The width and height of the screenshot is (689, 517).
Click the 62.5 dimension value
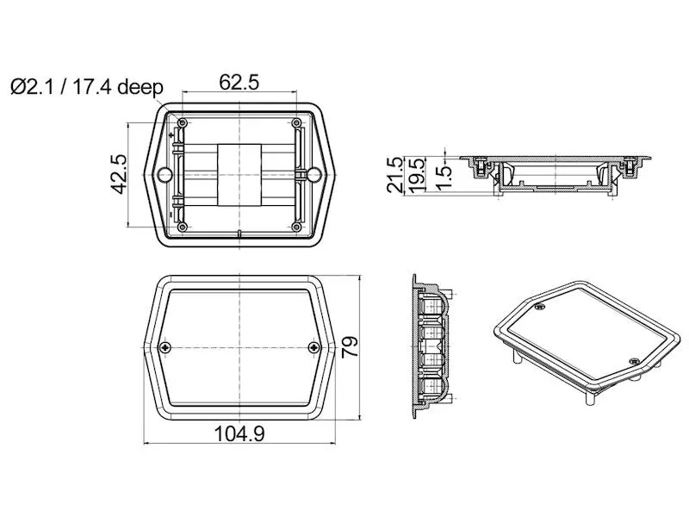(x=239, y=83)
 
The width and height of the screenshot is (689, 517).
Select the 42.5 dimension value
(x=119, y=174)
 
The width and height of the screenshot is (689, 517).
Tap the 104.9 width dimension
(x=239, y=434)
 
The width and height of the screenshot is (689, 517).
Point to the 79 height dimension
(x=350, y=347)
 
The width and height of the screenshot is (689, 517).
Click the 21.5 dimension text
(x=395, y=175)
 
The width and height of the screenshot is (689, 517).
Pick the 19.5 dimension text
(x=417, y=175)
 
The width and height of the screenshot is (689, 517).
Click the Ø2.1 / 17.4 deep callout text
(x=87, y=87)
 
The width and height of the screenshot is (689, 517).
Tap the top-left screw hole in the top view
(x=183, y=122)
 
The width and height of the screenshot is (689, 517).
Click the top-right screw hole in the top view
(x=296, y=122)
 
